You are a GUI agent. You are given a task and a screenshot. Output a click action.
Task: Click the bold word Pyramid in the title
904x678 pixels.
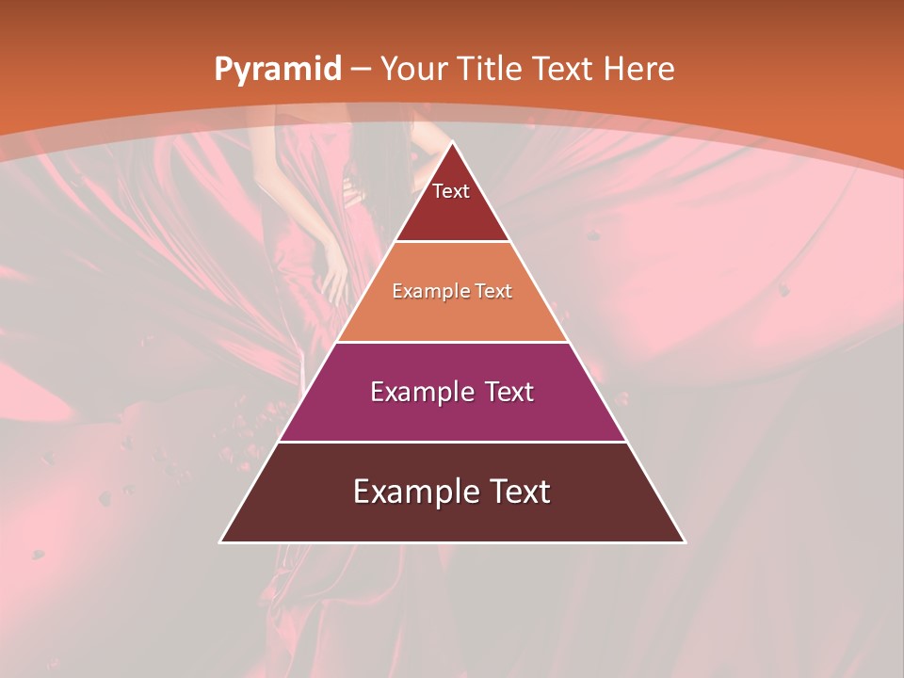278,70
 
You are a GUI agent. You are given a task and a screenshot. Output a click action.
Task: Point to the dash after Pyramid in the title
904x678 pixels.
360,70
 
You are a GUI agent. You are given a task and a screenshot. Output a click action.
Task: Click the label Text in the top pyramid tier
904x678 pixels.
451,191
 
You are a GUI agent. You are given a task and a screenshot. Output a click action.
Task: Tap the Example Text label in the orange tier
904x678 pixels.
452,291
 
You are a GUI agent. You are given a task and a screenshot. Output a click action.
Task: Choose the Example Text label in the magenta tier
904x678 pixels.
452,392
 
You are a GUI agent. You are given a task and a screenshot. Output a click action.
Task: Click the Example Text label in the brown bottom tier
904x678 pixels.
452,492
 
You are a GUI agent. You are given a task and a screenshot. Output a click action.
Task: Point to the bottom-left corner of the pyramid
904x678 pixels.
221,541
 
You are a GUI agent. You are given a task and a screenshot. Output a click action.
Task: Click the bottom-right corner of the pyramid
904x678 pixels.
685,541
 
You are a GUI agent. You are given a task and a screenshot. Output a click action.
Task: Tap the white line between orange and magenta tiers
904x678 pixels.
452,342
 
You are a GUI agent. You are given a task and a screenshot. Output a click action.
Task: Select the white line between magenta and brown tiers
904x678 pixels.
452,442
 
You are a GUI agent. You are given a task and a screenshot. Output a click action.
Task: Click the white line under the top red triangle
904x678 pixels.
452,242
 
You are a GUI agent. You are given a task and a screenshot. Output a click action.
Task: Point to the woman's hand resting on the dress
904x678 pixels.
333,279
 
